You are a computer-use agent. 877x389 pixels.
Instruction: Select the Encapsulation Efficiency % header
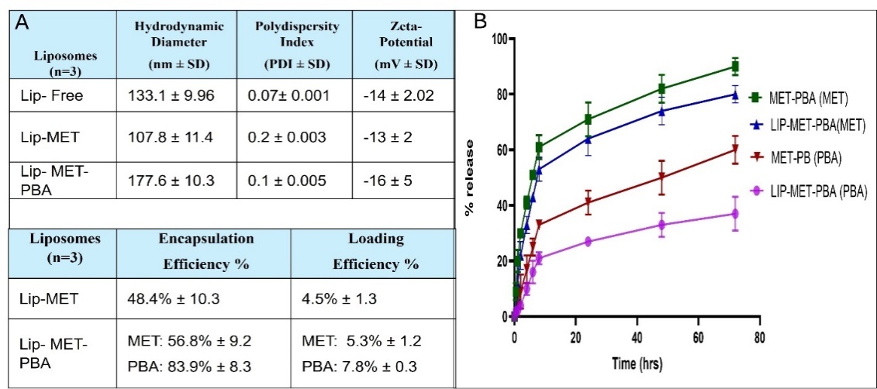click(x=199, y=251)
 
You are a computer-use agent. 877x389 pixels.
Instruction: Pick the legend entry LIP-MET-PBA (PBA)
click(x=815, y=190)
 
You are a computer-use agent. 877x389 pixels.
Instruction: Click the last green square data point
click(x=734, y=67)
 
